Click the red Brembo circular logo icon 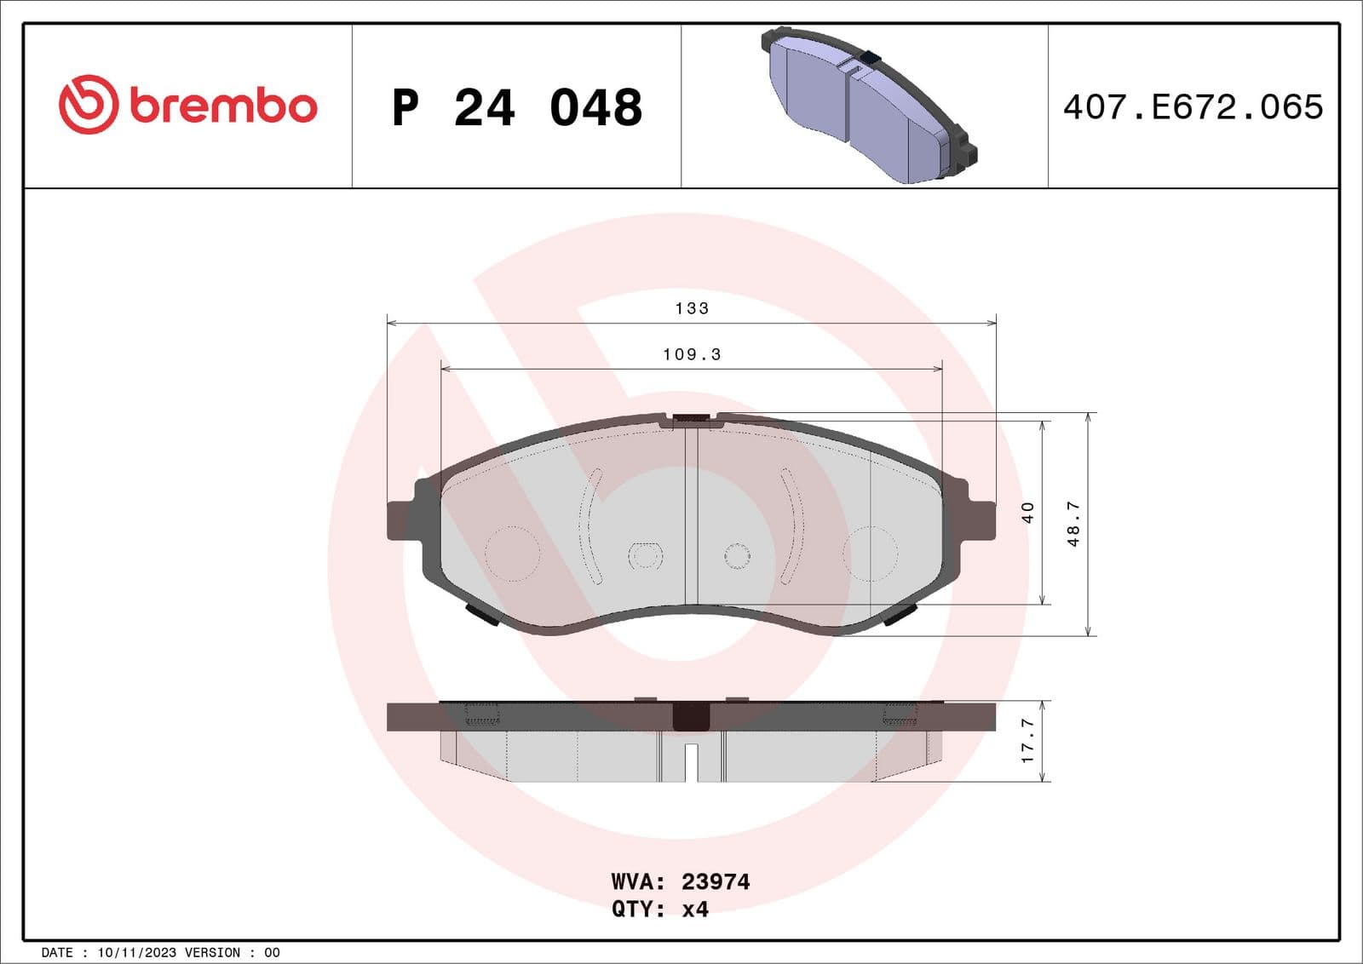pos(88,105)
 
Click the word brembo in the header pos(223,106)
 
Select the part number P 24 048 pos(516,108)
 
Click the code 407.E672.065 pos(1193,107)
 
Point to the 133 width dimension pos(692,308)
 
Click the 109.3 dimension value pos(692,354)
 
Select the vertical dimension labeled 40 pos(1027,512)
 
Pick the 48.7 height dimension pos(1073,523)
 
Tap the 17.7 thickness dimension pos(1027,740)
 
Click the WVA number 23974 pos(716,881)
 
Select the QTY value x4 pos(695,909)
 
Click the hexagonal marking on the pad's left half pos(645,555)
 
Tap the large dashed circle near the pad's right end pos(870,554)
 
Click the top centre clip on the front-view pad pos(691,419)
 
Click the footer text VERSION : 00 pos(232,952)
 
